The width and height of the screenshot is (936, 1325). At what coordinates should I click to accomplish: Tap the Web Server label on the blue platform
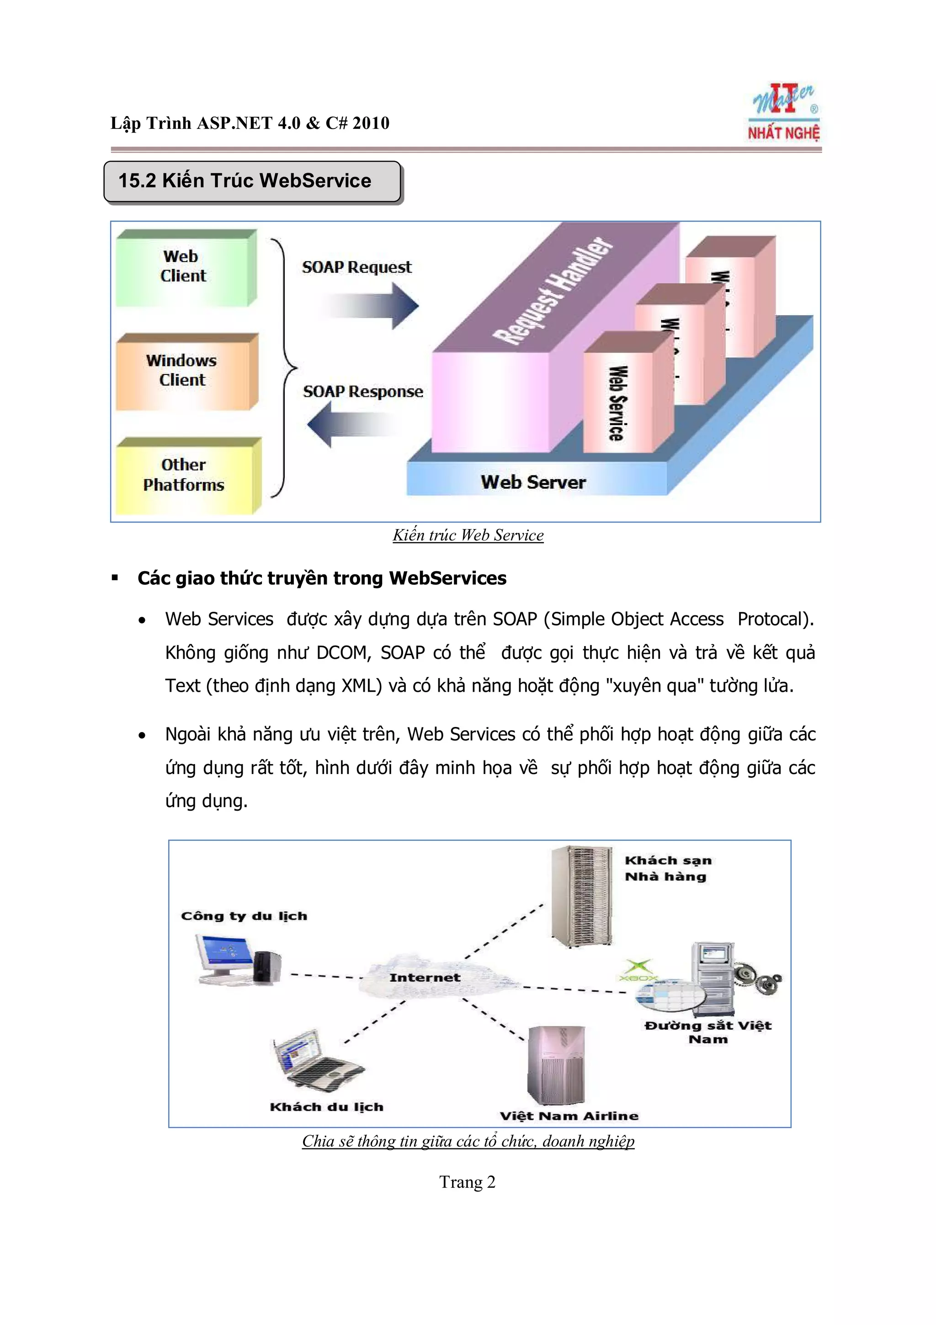click(533, 482)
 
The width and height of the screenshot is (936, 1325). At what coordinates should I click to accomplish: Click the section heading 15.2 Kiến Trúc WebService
click(245, 181)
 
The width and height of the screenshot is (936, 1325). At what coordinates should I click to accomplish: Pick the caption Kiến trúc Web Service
click(468, 535)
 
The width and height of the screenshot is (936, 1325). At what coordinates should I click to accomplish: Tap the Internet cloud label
click(425, 978)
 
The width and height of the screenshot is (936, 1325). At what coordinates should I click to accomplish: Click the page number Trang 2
click(467, 1181)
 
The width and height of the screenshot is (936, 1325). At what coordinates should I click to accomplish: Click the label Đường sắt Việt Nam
click(707, 1032)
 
